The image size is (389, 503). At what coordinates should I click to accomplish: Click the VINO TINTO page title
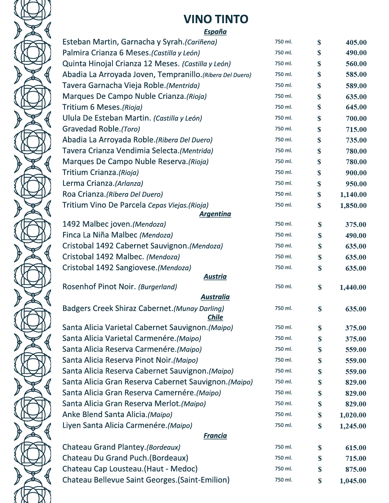pyautogui.click(x=216, y=19)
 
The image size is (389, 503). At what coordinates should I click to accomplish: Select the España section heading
pyautogui.click(x=215, y=32)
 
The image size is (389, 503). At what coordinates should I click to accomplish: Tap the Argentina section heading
pyautogui.click(x=215, y=214)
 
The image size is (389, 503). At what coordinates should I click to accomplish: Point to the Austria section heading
pyautogui.click(x=215, y=276)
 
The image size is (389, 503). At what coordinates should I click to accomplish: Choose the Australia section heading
pyautogui.click(x=215, y=297)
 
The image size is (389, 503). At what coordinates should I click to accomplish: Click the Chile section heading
pyautogui.click(x=215, y=317)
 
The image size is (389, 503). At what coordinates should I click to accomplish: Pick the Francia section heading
pyautogui.click(x=215, y=436)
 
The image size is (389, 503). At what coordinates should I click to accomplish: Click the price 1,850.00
pyautogui.click(x=353, y=206)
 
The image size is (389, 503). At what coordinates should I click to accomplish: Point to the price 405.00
pyautogui.click(x=356, y=43)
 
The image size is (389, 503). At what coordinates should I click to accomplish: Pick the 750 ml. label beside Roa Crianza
pyautogui.click(x=283, y=194)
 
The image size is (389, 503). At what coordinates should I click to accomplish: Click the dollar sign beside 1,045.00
pyautogui.click(x=320, y=481)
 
